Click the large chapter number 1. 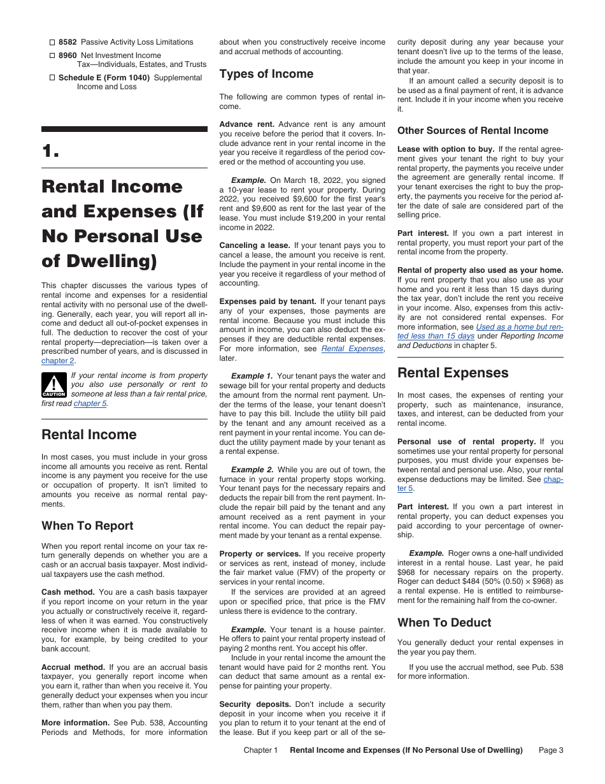50,151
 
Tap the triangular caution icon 54,385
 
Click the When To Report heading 87,526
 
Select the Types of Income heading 266,74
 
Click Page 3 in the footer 550,750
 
